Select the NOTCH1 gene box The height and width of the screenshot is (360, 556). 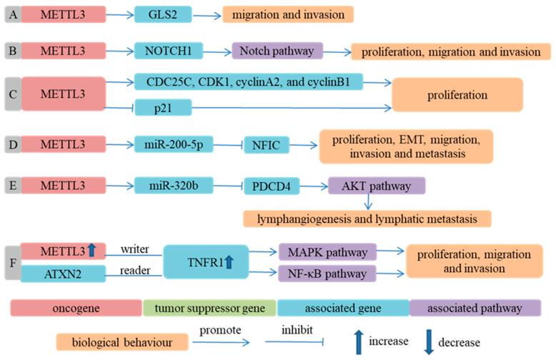(x=169, y=51)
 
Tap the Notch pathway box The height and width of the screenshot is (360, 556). (x=277, y=51)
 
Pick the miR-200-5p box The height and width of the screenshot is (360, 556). (x=169, y=146)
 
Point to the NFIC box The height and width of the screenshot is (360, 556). (x=270, y=146)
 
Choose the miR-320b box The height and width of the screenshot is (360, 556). (x=169, y=186)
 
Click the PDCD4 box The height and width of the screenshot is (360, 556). (x=272, y=186)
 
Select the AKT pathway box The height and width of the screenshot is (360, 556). (x=377, y=186)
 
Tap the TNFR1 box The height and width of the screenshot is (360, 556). (x=207, y=261)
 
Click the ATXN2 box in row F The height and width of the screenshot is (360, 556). (x=64, y=272)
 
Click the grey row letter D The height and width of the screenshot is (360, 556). (x=12, y=146)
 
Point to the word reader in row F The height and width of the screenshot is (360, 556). (x=135, y=269)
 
